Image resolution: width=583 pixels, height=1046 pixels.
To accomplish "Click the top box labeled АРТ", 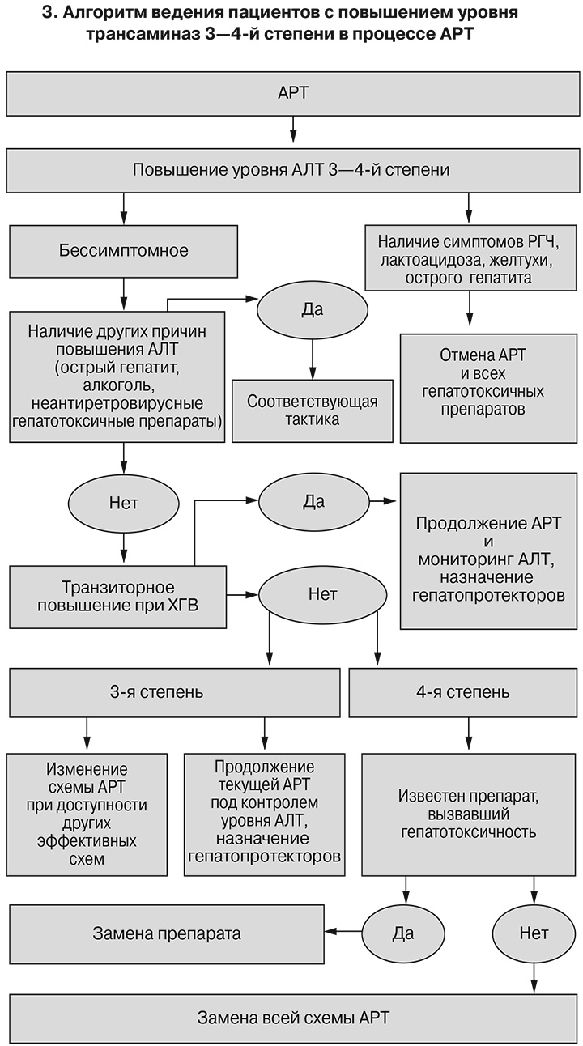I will pos(291,93).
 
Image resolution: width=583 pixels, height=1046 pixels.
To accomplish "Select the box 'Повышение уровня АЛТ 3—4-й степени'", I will pos(291,171).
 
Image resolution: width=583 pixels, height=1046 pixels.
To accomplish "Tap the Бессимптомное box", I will pos(123,250).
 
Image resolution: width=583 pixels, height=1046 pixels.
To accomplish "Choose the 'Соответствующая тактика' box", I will pos(312,410).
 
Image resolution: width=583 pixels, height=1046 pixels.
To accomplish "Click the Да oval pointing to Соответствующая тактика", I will pos(312,309).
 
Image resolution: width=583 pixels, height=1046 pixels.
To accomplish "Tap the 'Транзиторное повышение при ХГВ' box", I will pos(118,597).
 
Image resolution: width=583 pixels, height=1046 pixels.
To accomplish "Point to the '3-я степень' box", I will pos(174,692).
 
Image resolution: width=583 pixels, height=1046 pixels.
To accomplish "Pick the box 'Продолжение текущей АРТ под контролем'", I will pos(263,812).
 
